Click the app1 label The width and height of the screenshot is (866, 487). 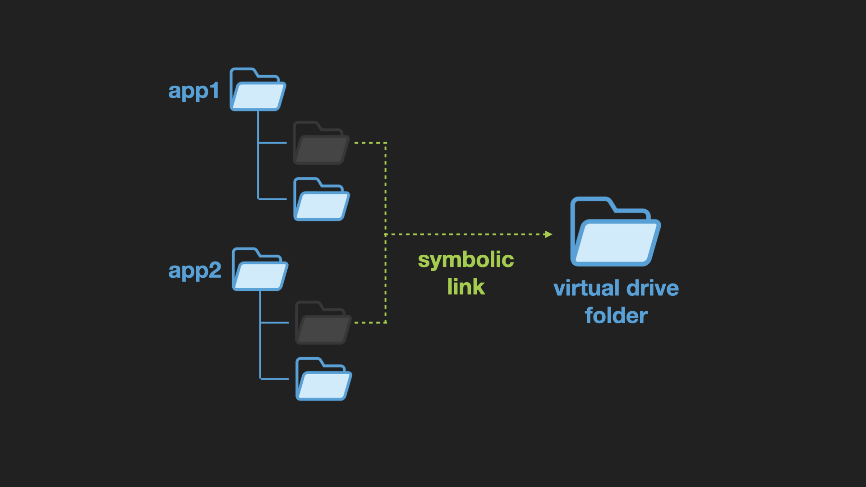coord(193,91)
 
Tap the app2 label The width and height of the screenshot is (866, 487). coord(194,271)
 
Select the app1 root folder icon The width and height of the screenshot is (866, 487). coord(258,90)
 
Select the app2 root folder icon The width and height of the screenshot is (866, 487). coord(260,270)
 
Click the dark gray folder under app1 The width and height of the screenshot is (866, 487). coord(321,143)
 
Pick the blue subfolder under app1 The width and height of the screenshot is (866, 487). coord(321,199)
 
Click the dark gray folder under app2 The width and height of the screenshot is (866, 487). coord(323,323)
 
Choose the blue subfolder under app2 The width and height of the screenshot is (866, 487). coord(323,379)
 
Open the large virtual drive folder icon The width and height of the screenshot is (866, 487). coord(615,233)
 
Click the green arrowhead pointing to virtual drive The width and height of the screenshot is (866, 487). coord(548,234)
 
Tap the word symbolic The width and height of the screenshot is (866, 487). coord(466,260)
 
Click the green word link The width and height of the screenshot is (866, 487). coord(466,287)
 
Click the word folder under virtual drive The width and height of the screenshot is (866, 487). coord(616,315)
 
